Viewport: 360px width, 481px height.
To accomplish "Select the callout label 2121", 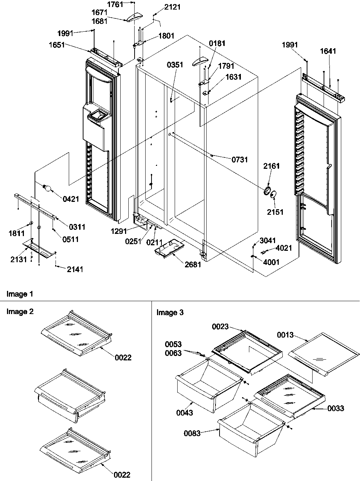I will click(172, 7).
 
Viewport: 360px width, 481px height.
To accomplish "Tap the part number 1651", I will click(56, 45).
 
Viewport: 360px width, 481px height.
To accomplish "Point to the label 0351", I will click(175, 65).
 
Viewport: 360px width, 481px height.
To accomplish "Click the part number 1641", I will click(328, 51).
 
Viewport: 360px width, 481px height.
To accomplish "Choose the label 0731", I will click(239, 160).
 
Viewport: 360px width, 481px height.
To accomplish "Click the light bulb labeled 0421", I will click(47, 188).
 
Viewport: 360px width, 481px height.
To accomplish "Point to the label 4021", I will click(284, 248).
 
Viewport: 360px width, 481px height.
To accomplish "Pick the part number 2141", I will click(75, 270).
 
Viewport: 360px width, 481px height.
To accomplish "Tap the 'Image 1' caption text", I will click(20, 294).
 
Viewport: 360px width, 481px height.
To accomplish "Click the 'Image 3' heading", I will click(170, 313).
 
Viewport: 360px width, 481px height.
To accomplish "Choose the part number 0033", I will click(336, 408).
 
